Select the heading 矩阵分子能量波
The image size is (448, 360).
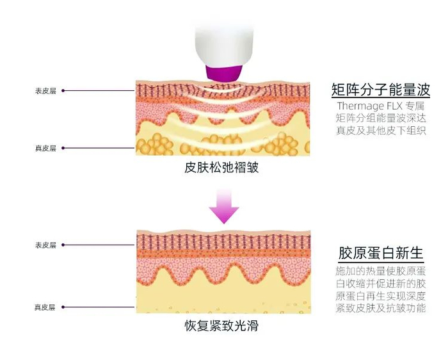coord(380,89)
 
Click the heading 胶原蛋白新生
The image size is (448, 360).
coord(380,252)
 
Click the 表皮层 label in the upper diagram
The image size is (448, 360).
coord(45,91)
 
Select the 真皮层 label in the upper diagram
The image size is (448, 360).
coord(45,149)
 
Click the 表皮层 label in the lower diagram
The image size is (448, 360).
coord(45,245)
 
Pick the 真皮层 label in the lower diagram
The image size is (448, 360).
coord(45,307)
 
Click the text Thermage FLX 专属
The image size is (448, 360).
coord(381,106)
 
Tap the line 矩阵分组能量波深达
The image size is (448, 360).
coord(381,119)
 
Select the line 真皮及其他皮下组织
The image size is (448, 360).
coord(381,131)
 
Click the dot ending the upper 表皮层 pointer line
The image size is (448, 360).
coord(63,91)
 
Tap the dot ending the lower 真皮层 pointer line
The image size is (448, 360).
coord(63,307)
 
